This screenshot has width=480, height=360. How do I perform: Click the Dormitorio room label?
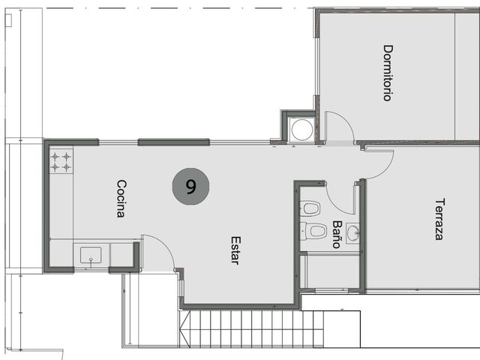click(388, 73)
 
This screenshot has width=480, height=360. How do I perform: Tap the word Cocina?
click(121, 198)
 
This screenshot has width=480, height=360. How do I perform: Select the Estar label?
click(235, 250)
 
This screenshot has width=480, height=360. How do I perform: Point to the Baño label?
click(337, 234)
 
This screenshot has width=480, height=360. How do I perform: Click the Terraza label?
click(440, 219)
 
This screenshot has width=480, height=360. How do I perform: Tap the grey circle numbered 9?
click(190, 187)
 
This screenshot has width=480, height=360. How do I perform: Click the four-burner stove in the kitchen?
click(61, 161)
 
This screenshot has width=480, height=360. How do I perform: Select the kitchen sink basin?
click(91, 255)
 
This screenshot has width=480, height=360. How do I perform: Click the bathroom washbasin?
click(353, 233)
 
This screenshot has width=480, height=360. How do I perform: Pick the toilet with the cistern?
click(313, 231)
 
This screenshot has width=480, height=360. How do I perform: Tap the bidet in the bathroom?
click(310, 208)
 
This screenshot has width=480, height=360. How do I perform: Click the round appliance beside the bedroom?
click(301, 130)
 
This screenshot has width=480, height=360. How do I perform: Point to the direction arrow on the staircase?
click(185, 329)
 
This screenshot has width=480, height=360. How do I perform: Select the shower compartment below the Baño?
click(333, 271)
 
